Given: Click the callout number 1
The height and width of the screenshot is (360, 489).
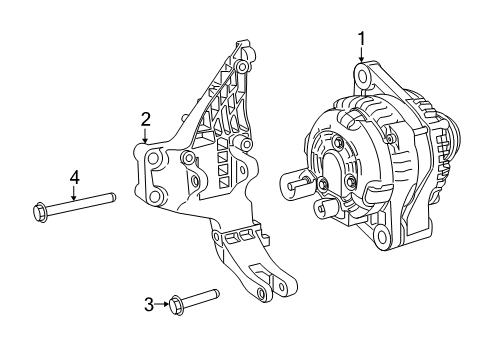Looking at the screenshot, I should [x=362, y=39].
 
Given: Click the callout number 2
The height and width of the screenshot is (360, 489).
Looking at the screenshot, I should [x=145, y=120].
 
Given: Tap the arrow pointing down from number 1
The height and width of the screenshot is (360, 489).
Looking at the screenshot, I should [x=362, y=58].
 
